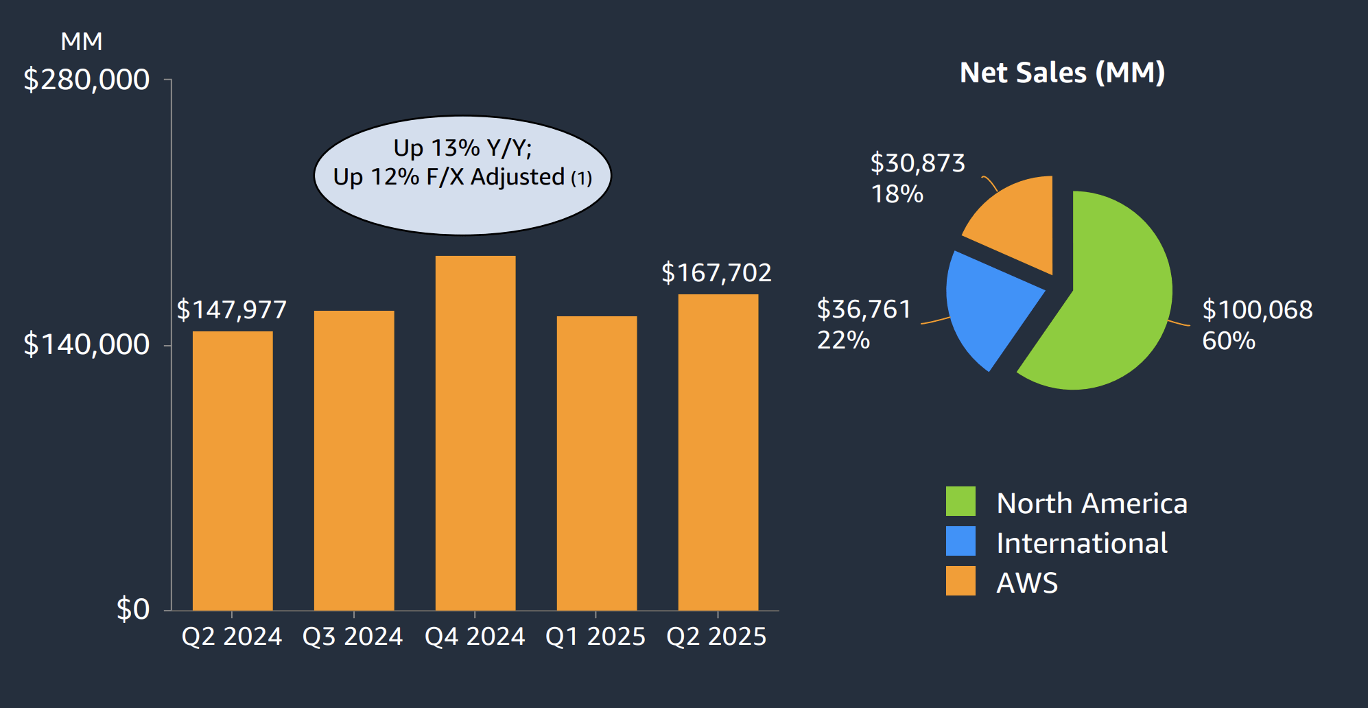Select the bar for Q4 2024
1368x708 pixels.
pos(475,432)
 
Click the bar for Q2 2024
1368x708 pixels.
pos(233,470)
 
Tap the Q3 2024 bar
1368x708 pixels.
pos(354,460)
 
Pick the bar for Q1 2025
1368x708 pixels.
pos(597,463)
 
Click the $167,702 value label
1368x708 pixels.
pos(716,273)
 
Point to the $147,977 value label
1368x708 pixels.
pos(232,310)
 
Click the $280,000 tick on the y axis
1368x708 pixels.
pos(86,80)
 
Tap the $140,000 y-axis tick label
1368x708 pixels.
pos(86,344)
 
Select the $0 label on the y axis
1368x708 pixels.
pos(132,609)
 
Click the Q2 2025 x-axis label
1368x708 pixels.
pos(716,637)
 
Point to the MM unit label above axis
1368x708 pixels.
pos(81,42)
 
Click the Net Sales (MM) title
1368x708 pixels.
pos(1062,73)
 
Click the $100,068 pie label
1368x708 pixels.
pos(1258,310)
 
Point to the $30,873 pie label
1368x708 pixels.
pos(917,163)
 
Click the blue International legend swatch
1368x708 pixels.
pos(960,541)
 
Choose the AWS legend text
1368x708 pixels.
pos(1027,583)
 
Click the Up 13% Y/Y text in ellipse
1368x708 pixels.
pos(462,148)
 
